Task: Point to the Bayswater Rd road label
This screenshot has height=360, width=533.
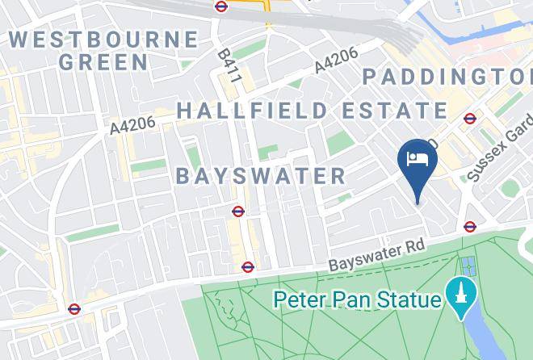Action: (376, 255)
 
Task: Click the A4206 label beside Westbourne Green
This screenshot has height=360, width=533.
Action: (132, 126)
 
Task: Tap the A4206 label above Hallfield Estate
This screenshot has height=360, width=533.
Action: (335, 61)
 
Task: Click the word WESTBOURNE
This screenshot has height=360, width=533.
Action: (103, 39)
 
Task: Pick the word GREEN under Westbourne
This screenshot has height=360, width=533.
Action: (103, 61)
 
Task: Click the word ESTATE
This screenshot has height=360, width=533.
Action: (390, 111)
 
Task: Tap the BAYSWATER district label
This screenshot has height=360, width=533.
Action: (260, 175)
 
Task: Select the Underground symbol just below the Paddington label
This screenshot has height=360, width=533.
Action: (470, 119)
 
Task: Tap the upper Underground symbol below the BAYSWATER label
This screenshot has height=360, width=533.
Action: (237, 211)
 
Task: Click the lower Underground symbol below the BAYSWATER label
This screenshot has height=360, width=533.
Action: (248, 267)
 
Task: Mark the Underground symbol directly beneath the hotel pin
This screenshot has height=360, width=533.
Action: (470, 227)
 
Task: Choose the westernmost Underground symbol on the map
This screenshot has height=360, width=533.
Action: (74, 308)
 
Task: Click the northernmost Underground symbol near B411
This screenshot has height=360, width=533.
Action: (221, 6)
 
